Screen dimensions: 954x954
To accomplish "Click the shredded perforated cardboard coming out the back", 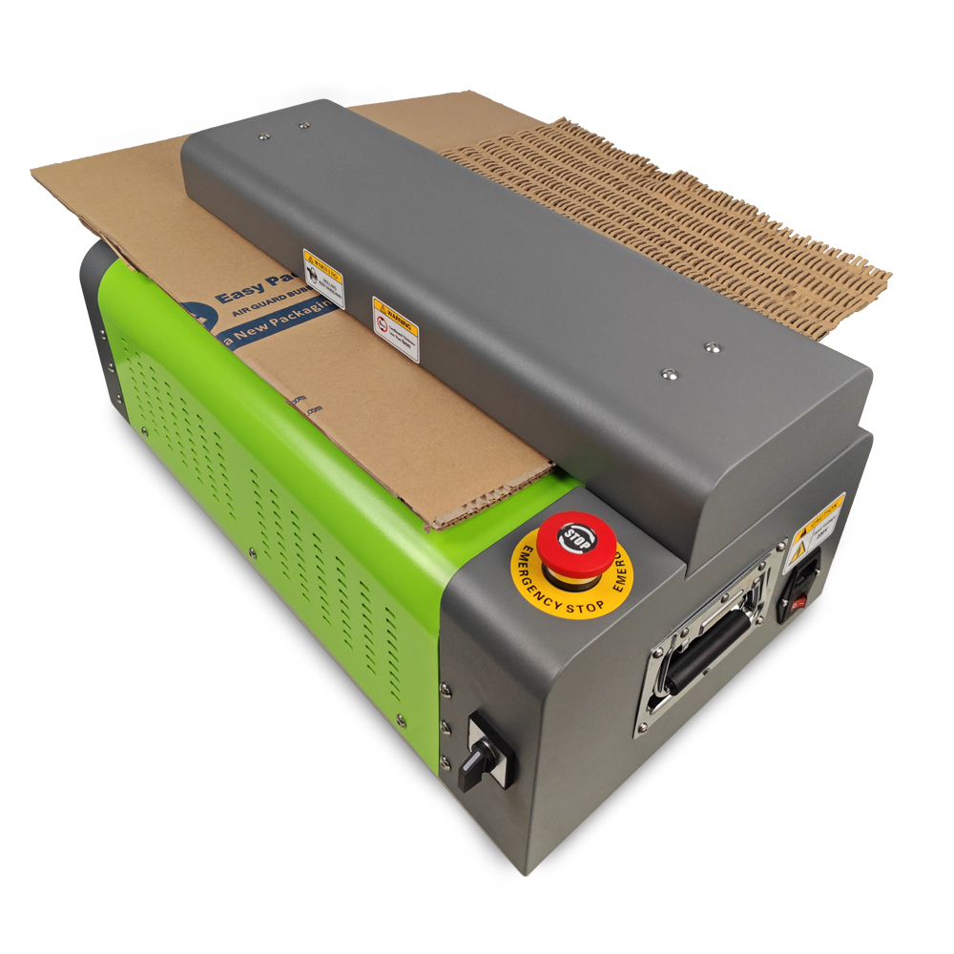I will pos(687,210).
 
